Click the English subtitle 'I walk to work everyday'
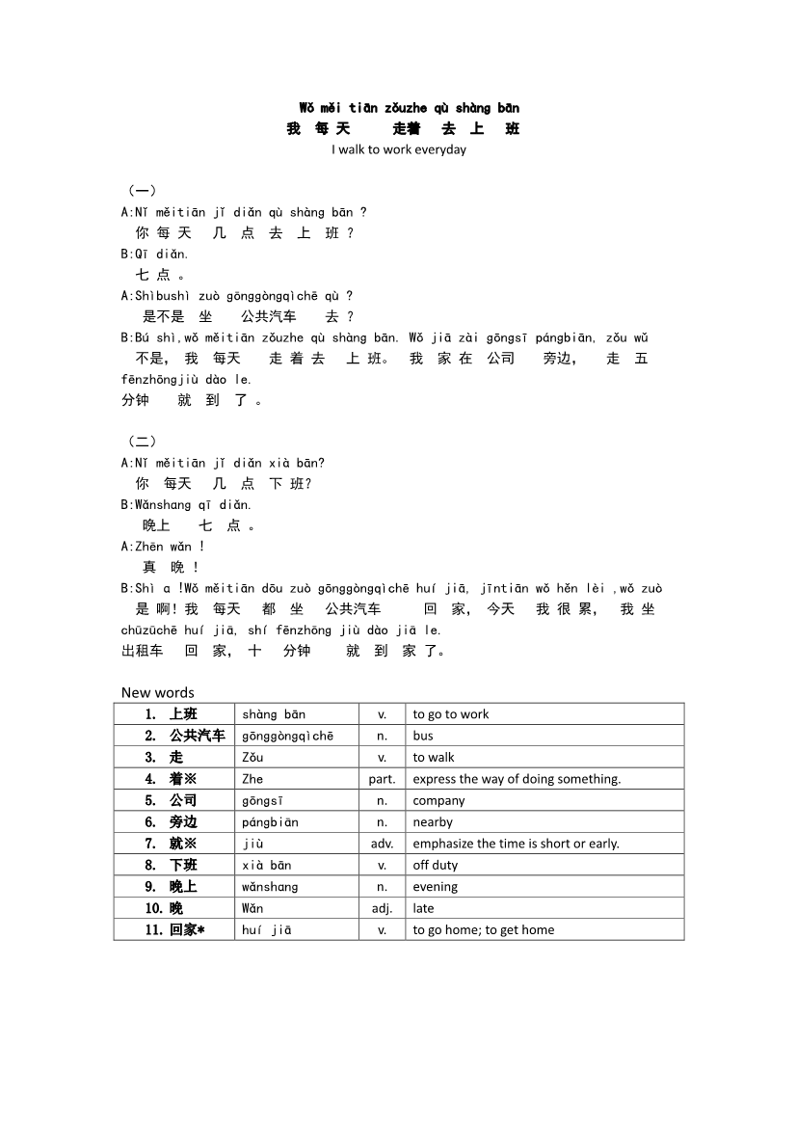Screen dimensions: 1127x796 click(398, 149)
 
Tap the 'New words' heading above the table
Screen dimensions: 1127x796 click(157, 692)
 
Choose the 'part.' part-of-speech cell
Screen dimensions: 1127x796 click(382, 779)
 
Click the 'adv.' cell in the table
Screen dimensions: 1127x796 click(382, 844)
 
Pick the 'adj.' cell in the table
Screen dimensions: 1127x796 click(382, 908)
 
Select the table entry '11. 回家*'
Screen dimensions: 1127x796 click(174, 929)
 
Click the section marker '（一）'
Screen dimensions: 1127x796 click(142, 190)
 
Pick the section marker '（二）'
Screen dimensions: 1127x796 click(142, 441)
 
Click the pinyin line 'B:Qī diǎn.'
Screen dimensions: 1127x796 click(154, 254)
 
